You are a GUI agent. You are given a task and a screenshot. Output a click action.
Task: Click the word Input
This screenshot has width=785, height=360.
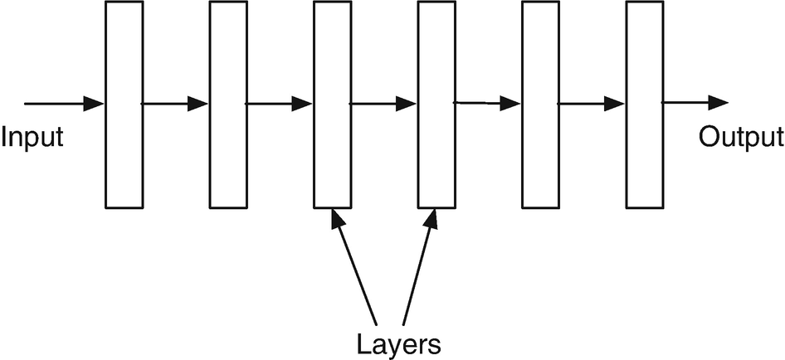point(32,136)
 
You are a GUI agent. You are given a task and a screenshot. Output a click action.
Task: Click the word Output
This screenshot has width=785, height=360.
point(740,136)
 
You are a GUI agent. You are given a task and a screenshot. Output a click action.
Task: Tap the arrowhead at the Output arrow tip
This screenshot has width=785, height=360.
point(719,102)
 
